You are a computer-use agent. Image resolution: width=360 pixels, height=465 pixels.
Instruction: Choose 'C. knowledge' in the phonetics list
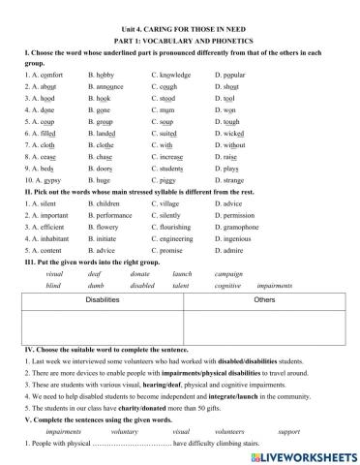[173, 73]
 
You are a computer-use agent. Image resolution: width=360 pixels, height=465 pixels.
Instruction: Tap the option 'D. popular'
[230, 73]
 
